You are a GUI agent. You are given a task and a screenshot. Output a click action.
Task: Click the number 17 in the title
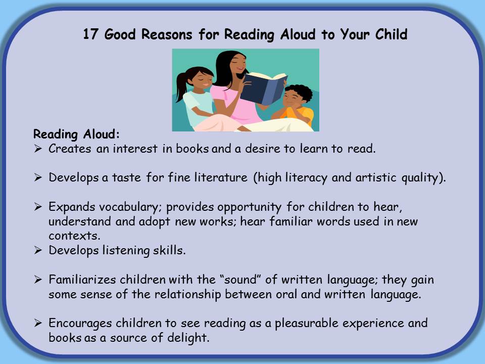90,34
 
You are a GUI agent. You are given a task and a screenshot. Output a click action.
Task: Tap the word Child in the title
391,34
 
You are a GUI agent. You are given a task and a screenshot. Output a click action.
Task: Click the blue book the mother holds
263,88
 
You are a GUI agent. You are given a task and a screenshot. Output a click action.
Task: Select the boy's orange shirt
299,115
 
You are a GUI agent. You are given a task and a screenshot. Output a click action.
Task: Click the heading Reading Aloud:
76,134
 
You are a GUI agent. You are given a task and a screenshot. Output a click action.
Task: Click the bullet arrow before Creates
38,149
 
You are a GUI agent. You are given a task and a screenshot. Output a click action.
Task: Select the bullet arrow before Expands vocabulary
38,207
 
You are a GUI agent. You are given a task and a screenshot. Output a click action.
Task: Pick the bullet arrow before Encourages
38,323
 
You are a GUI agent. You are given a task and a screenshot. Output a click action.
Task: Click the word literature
221,177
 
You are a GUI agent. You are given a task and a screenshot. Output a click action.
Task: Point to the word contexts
74,236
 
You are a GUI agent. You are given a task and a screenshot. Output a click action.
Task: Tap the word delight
188,338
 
